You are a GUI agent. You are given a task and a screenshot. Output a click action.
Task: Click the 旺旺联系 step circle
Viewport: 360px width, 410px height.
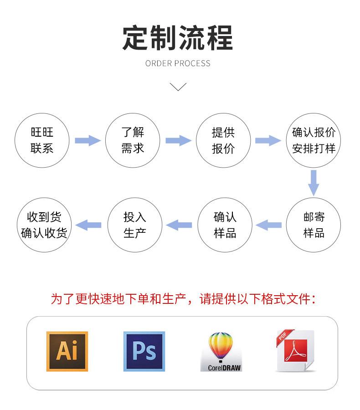coord(42,140)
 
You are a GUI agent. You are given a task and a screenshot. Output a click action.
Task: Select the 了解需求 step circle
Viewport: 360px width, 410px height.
coord(133,140)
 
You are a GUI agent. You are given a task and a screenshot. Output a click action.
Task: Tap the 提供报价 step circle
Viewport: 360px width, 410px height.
coord(223,140)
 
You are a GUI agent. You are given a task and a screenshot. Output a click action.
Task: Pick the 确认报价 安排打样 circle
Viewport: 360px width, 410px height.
coord(314,140)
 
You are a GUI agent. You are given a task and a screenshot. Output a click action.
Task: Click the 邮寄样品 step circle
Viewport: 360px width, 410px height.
coord(314,225)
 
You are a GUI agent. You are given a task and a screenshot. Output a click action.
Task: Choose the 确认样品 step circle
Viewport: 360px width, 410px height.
coord(225,225)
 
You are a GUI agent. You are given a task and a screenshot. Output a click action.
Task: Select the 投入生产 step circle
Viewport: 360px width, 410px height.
coord(135,225)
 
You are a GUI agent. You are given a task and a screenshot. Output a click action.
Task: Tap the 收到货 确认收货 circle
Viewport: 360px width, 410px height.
coord(44,225)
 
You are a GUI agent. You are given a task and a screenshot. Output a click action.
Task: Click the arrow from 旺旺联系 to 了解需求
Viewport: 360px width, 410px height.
coord(87,140)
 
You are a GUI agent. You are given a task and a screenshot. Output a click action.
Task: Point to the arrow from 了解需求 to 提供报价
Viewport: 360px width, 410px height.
coord(178,140)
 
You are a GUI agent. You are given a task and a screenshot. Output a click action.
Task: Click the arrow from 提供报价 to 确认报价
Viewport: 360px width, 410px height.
coord(268,140)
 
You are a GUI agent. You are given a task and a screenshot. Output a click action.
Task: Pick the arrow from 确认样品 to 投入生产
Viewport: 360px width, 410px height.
coord(179,225)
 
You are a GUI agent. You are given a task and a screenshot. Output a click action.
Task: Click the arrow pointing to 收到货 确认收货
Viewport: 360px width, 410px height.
coord(88,225)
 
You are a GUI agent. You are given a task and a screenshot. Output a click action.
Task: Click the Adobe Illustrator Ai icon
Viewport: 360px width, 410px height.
coord(67,351)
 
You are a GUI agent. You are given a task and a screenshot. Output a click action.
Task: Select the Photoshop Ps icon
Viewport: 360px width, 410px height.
coord(144,351)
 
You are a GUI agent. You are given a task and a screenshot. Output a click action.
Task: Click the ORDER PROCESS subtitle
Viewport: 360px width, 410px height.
coord(178,63)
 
